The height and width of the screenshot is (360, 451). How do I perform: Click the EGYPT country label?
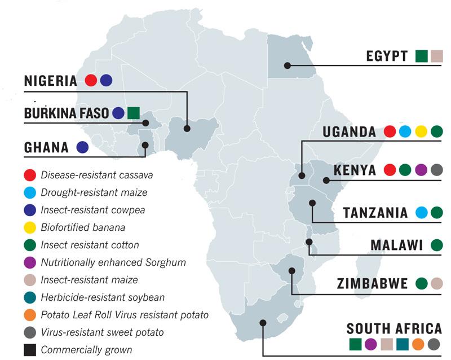click(x=386, y=56)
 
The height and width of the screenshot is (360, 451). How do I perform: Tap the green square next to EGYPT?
click(x=421, y=56)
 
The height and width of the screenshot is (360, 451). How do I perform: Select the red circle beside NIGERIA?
click(x=91, y=81)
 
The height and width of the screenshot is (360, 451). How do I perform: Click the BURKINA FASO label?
click(x=66, y=113)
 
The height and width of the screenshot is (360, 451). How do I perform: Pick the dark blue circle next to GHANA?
click(x=82, y=147)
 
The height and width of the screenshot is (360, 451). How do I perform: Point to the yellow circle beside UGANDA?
click(x=421, y=131)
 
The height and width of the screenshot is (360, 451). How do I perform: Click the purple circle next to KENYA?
click(x=421, y=170)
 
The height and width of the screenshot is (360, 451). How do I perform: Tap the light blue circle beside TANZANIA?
click(x=421, y=213)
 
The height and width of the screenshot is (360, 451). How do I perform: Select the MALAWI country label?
click(x=396, y=245)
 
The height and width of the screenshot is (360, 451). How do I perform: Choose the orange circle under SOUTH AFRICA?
click(x=418, y=344)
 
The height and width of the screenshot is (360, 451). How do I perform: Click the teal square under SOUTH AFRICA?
click(x=402, y=344)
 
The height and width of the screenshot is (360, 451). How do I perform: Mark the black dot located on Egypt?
click(x=288, y=65)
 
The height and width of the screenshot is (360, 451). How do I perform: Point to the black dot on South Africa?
click(x=263, y=323)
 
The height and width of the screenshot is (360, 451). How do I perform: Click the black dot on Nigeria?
click(x=187, y=129)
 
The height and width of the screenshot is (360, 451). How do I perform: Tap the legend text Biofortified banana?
click(x=82, y=227)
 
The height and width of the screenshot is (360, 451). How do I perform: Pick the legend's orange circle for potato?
click(x=29, y=314)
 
